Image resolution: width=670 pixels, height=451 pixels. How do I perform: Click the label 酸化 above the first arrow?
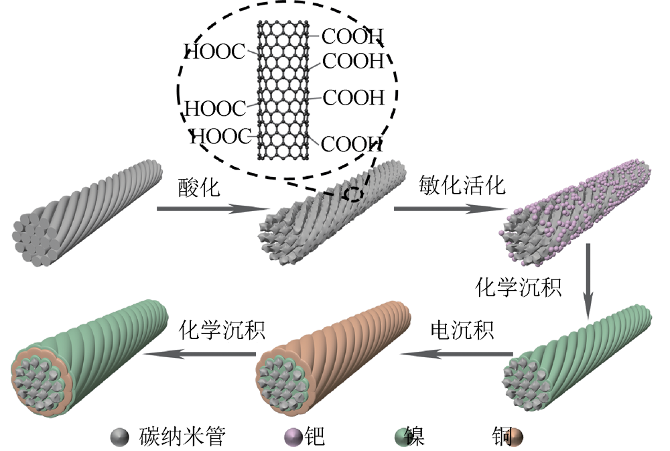point(199,187)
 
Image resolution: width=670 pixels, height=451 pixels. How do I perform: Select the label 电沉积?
point(462,330)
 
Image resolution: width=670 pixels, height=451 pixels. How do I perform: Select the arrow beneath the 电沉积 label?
point(462,354)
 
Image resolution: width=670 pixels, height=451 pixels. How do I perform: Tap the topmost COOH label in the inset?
point(352,35)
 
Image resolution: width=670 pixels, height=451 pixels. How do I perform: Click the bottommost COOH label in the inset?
point(351,143)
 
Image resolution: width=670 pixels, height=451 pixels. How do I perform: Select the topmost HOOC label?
point(214,52)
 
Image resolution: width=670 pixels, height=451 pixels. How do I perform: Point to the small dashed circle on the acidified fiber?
point(353,194)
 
